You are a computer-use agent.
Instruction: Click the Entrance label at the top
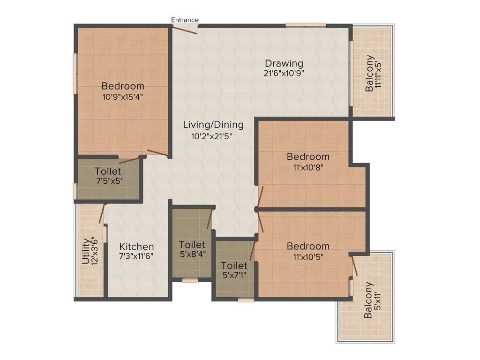click(185, 20)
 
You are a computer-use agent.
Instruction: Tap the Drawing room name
click(284, 63)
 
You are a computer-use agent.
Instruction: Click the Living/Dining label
click(213, 125)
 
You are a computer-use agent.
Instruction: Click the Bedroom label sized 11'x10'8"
click(308, 157)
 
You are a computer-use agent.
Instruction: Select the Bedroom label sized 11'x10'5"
click(308, 246)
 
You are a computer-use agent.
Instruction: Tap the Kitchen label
click(136, 247)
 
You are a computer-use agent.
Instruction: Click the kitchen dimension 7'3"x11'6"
click(136, 256)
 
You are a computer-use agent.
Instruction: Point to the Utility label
click(86, 252)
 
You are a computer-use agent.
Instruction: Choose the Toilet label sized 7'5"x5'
click(108, 172)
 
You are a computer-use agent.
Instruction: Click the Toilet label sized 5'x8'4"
click(192, 245)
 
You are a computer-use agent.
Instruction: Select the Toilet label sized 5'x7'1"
click(234, 266)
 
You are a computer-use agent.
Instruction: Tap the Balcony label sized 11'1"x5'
click(370, 73)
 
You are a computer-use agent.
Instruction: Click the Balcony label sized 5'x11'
click(369, 300)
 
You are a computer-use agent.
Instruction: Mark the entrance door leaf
click(185, 29)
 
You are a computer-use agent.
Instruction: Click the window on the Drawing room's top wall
click(306, 24)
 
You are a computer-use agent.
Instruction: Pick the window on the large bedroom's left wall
click(75, 73)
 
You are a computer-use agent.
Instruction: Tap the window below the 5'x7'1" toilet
click(246, 300)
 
